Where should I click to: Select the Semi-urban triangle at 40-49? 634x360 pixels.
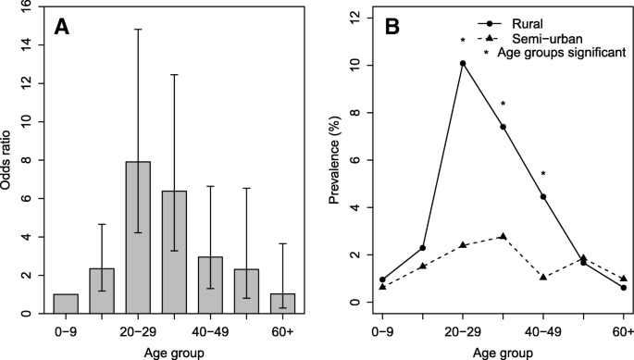(x=543, y=277)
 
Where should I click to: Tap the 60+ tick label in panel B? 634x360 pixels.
(x=623, y=330)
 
